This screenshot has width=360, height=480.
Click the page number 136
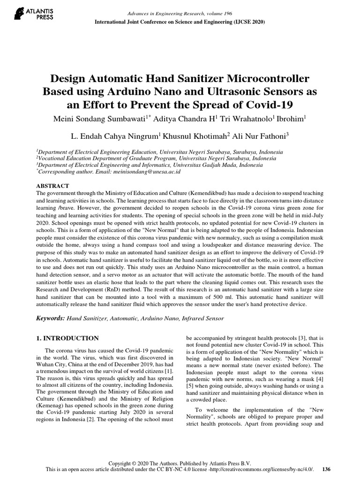point(327,469)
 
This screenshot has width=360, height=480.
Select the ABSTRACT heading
point(52,186)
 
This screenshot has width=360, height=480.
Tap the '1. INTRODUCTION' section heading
point(67,338)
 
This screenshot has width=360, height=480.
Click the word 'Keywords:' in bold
point(51,318)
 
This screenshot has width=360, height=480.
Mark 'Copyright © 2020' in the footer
point(129,463)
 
